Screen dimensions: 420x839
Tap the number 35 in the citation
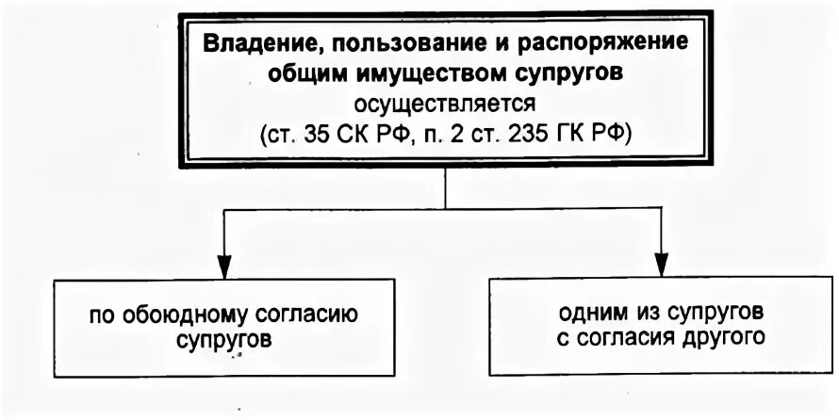(x=315, y=132)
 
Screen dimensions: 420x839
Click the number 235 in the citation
(x=529, y=132)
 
